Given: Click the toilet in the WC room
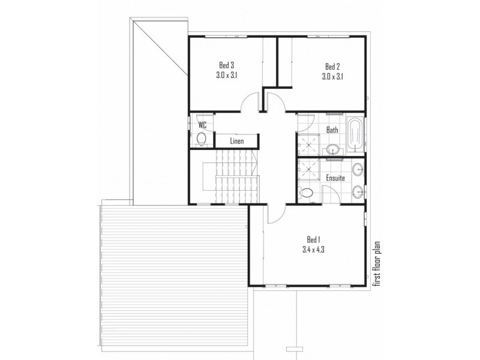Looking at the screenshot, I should pyautogui.click(x=202, y=139).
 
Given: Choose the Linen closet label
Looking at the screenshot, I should pyautogui.click(x=236, y=142).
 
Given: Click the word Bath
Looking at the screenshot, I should pyautogui.click(x=332, y=129).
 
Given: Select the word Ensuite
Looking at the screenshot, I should pyautogui.click(x=335, y=178).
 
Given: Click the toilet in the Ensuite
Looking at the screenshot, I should pyautogui.click(x=307, y=194).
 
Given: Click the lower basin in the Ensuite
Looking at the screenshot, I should pyautogui.click(x=358, y=192).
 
